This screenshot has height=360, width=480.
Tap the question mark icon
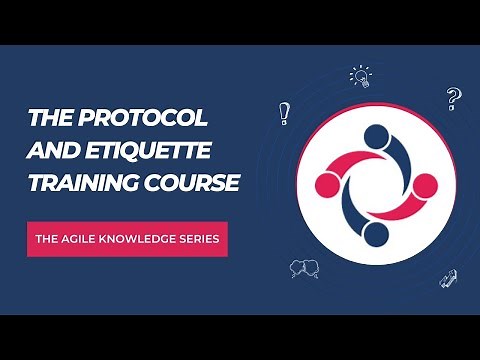pyautogui.click(x=452, y=99)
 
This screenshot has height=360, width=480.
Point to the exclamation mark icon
pyautogui.click(x=285, y=113)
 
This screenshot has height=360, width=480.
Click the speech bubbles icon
pyautogui.click(x=302, y=268)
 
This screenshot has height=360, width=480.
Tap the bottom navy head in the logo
pyautogui.click(x=374, y=234)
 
